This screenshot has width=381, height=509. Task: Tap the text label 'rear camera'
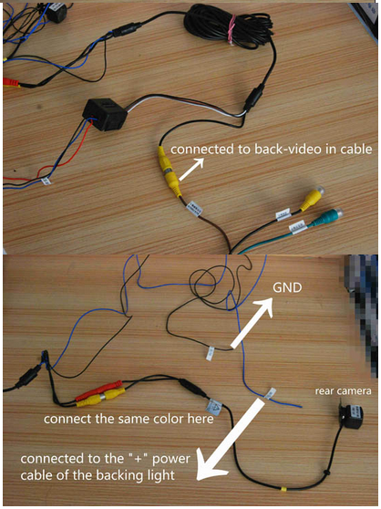343,390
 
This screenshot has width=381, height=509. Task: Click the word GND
287,287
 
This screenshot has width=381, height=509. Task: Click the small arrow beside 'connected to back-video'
191,169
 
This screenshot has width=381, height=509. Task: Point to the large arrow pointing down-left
232,439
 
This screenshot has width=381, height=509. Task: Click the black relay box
105,115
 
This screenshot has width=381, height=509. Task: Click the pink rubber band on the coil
232,28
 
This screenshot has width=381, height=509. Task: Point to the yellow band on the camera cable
283,489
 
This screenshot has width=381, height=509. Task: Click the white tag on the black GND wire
211,352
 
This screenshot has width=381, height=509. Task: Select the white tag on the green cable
298,226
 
